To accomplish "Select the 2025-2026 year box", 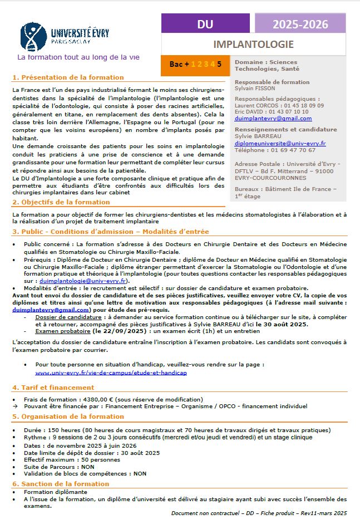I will click(x=300, y=24).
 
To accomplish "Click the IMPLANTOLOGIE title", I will click(x=253, y=44).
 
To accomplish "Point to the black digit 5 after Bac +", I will click(x=219, y=64).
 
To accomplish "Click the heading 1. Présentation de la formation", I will click(x=68, y=77).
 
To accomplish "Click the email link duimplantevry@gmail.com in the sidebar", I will click(x=273, y=118).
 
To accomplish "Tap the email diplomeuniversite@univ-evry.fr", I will click(x=280, y=143).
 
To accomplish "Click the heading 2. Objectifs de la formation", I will click(x=61, y=202).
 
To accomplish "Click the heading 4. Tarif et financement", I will click(x=53, y=387).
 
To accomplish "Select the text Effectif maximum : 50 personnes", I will click(x=65, y=460).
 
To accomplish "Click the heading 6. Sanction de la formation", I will click(x=61, y=484).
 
